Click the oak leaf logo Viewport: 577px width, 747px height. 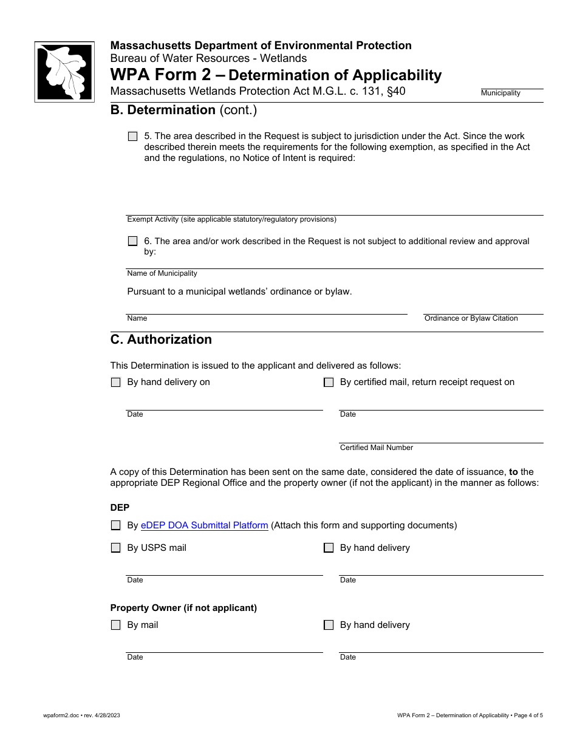(64, 72)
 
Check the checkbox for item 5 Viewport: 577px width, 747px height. (132, 137)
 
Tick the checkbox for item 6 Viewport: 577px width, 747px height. (132, 241)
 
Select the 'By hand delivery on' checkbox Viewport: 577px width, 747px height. (115, 383)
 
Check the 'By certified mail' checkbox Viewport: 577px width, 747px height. (329, 383)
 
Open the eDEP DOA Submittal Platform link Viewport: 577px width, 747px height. (204, 525)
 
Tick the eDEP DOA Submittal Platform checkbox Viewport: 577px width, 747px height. (115, 526)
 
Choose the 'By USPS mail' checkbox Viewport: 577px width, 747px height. (115, 548)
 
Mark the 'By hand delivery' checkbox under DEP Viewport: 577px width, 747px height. (329, 548)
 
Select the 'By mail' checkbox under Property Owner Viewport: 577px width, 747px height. (115, 625)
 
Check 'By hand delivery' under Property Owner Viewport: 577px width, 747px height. (329, 625)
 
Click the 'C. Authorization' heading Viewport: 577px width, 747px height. (161, 339)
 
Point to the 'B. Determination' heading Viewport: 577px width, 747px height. (183, 110)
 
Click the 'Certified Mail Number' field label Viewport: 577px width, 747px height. (376, 448)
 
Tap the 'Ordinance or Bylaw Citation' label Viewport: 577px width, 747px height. (471, 318)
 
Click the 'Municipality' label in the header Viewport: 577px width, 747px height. (500, 93)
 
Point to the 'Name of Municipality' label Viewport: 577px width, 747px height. (162, 273)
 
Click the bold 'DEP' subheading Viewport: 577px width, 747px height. (120, 507)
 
